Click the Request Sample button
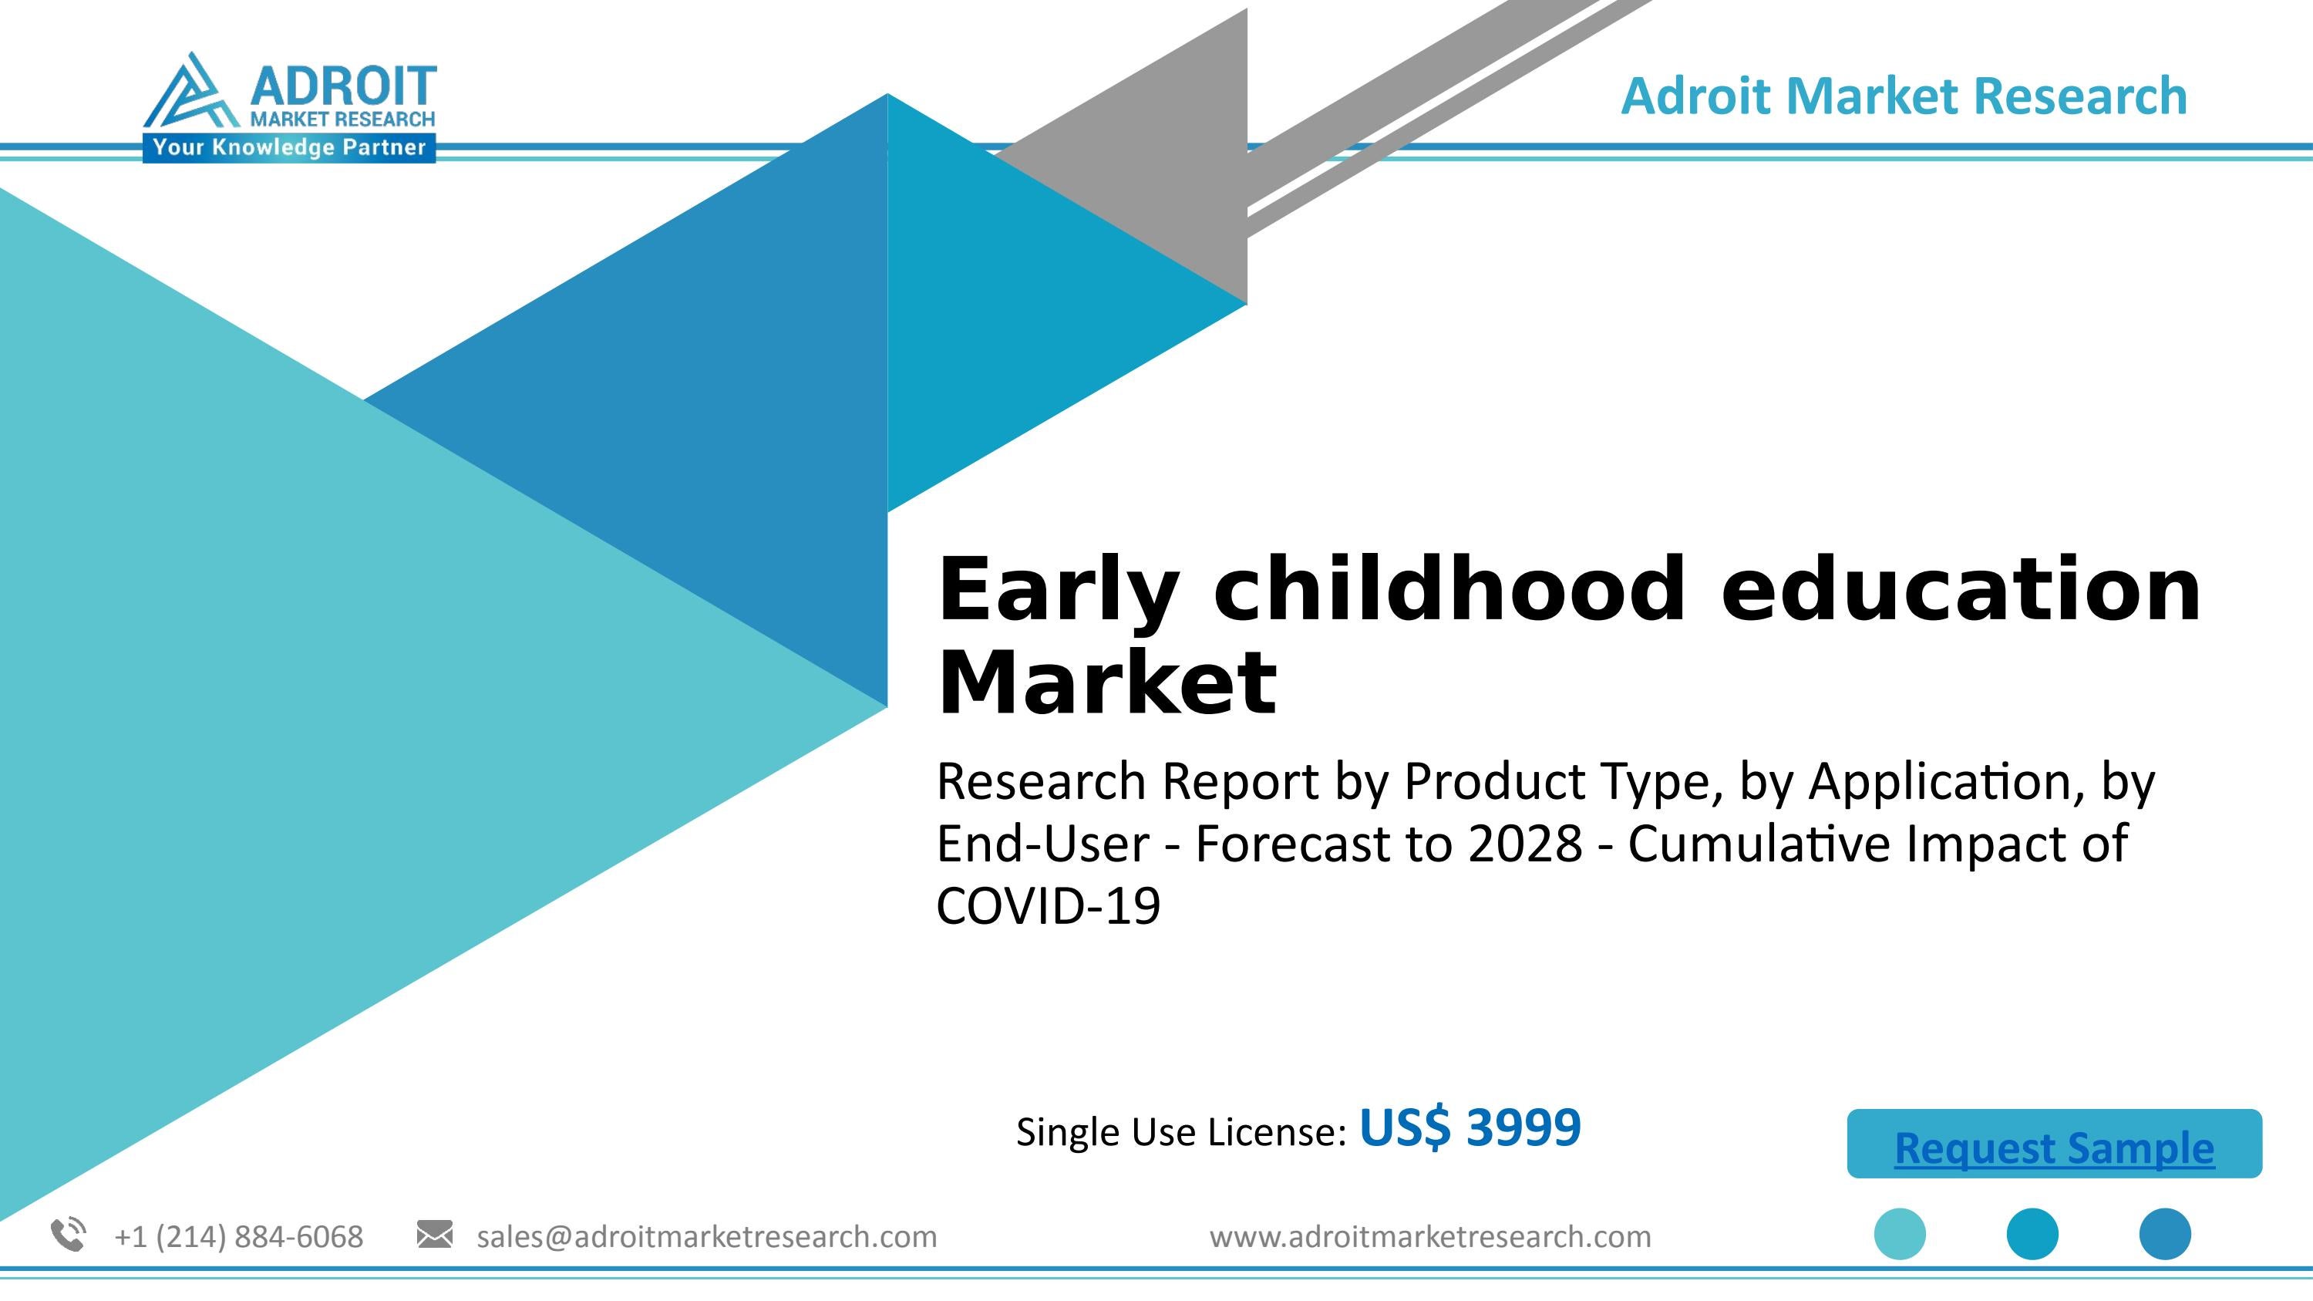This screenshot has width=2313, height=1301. point(2053,1144)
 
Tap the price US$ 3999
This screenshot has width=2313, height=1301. point(1469,1127)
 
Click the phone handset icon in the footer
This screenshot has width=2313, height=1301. point(69,1235)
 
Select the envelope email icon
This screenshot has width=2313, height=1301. point(435,1235)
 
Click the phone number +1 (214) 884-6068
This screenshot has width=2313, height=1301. point(239,1237)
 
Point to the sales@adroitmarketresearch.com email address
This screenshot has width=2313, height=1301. point(707,1237)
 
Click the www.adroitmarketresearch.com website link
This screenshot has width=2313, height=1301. point(1429,1237)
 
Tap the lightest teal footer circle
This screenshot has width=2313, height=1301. point(1899,1235)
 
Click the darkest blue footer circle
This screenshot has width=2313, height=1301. point(2165,1235)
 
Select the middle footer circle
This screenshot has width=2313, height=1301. point(2032,1235)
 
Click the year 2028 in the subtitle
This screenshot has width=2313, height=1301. point(1524,844)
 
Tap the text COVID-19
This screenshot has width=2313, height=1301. point(1048,906)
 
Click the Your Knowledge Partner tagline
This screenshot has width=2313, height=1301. point(288,148)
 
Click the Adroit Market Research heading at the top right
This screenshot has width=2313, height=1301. point(1904,96)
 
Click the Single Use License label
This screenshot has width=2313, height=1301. point(1180,1132)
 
